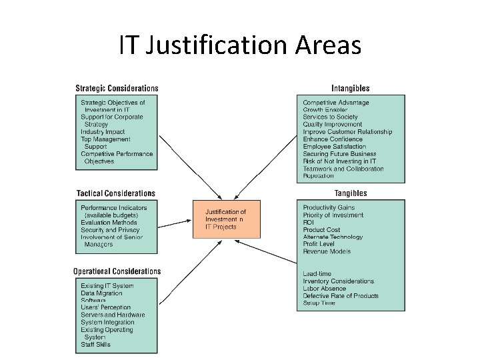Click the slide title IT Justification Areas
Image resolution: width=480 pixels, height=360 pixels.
point(240,45)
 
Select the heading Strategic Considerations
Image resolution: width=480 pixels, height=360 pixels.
point(117,88)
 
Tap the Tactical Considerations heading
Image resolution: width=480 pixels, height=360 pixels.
point(115,193)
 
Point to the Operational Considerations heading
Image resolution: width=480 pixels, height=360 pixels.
point(117,271)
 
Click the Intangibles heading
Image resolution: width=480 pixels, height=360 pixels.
point(350,88)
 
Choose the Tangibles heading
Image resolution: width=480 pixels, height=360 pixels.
point(351,193)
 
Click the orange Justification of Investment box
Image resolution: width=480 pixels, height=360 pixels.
point(225,219)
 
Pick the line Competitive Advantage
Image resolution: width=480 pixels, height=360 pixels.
point(336,103)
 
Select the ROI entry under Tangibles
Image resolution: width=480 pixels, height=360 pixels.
point(309,222)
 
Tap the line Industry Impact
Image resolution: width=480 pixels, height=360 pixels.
point(103,132)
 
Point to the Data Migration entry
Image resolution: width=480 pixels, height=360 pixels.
point(101,293)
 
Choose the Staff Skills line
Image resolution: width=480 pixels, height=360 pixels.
point(95,345)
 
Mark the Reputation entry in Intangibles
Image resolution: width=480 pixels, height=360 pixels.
point(319,176)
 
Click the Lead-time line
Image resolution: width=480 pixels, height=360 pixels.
point(317,274)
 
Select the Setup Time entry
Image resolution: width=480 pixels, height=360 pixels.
point(319,303)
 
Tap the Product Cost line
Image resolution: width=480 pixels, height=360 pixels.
point(321,230)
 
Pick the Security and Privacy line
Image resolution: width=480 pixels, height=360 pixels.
point(110,230)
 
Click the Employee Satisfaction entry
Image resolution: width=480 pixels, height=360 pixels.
point(335,147)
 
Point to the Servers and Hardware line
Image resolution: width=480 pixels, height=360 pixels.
point(113,315)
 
